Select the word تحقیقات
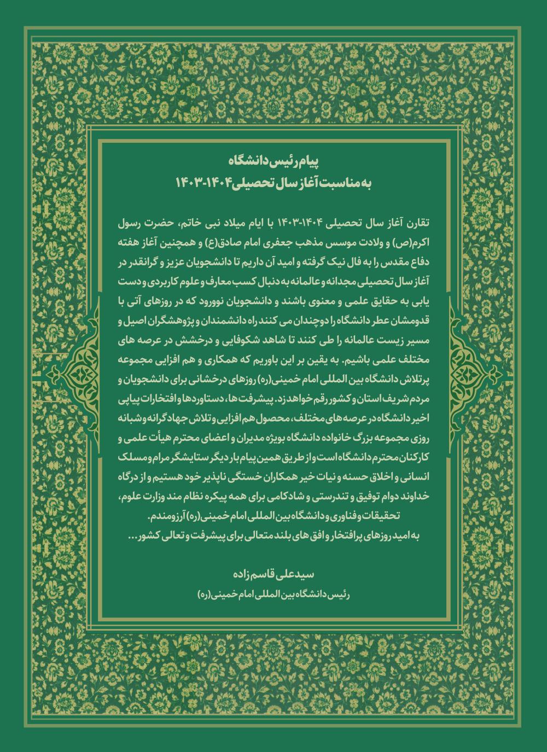tap(389, 515)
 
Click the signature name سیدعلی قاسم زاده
tap(272, 575)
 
